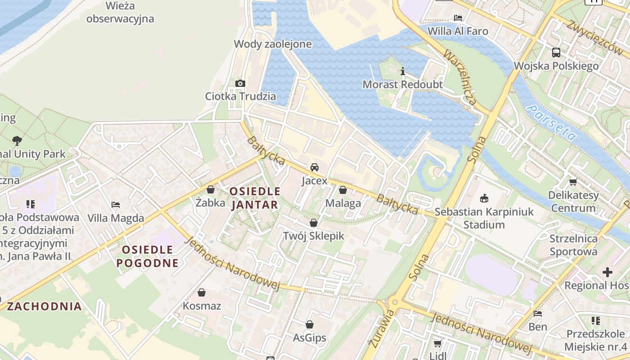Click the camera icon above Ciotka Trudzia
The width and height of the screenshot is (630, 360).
[x=240, y=83]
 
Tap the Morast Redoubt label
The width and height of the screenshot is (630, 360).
[x=402, y=85]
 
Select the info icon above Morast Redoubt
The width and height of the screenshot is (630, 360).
[x=402, y=71]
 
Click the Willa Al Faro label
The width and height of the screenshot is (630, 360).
[x=458, y=31]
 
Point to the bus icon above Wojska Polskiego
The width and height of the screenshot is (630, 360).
[x=556, y=53]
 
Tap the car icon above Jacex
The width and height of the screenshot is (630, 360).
[x=315, y=167]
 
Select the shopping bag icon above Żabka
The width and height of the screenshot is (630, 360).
[x=210, y=189]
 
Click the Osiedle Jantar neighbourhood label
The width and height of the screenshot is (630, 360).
[x=255, y=198]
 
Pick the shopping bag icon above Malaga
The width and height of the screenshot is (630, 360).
[x=343, y=190]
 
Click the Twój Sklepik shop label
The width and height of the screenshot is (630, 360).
[x=313, y=236]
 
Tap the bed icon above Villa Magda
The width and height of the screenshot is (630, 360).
[x=116, y=205]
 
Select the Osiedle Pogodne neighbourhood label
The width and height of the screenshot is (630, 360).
[x=148, y=256]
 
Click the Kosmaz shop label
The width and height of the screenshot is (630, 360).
[x=202, y=306]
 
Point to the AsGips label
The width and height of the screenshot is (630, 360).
[x=310, y=338]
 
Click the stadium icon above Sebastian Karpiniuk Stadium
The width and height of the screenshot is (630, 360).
[x=484, y=198]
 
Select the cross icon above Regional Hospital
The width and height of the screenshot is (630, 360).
[x=607, y=272]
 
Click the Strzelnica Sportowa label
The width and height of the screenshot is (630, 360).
[x=573, y=245]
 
